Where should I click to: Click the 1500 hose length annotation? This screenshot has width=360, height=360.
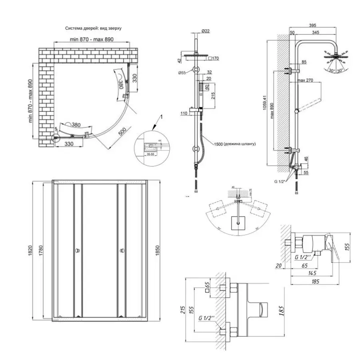pos(235,144)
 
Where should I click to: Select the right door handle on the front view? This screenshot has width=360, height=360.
pos(121,251)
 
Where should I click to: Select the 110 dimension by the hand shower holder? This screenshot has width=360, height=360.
pos(184,113)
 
